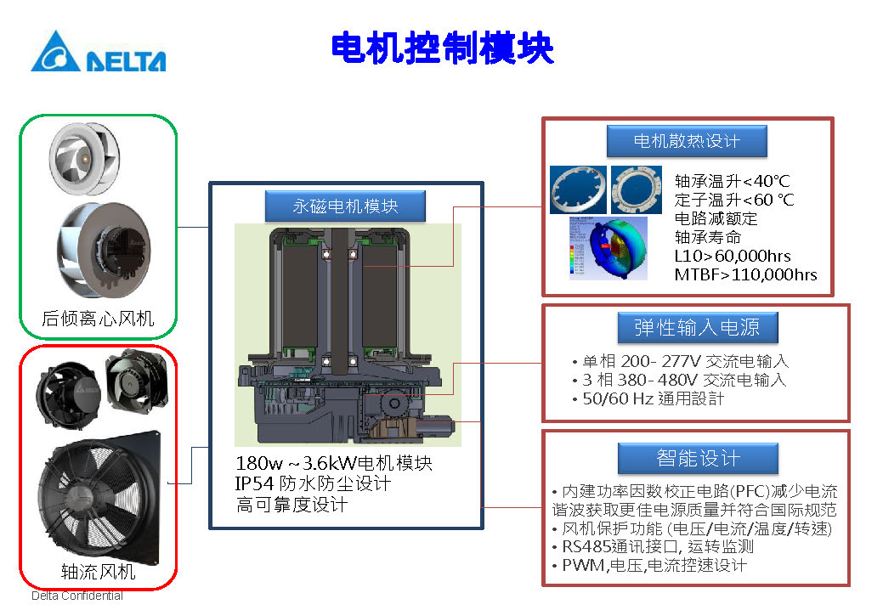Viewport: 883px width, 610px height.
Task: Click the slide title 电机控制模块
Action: [x=442, y=48]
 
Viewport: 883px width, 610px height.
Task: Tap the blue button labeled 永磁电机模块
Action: [x=345, y=206]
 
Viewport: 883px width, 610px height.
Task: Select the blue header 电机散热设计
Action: [x=687, y=141]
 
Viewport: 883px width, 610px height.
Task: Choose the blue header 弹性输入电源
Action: [x=696, y=327]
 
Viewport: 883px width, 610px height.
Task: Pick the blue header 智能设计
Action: [x=698, y=459]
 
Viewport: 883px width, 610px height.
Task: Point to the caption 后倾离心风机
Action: [x=98, y=319]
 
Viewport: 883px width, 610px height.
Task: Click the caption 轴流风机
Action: [x=98, y=571]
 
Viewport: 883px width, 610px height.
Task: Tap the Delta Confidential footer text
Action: [x=77, y=596]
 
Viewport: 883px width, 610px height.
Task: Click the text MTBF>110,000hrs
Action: [x=745, y=274]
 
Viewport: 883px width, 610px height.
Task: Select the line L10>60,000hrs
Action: [x=732, y=256]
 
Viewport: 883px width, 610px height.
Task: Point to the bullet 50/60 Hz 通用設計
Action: [x=650, y=398]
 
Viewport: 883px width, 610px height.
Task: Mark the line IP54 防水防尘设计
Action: [x=313, y=483]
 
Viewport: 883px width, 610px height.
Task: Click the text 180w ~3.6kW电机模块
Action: [x=334, y=464]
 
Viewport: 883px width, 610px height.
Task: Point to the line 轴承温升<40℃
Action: [x=732, y=181]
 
